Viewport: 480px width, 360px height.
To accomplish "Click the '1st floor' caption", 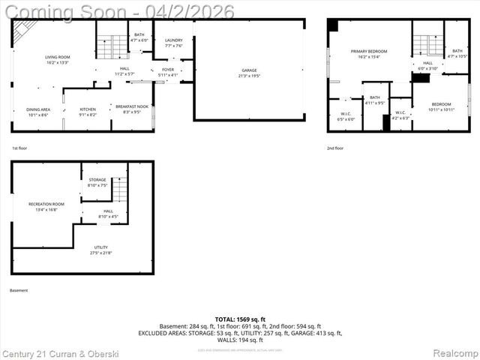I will [x=19, y=148].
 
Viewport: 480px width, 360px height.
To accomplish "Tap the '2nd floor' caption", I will [x=335, y=148].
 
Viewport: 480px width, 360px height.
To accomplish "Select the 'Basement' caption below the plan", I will [x=19, y=290].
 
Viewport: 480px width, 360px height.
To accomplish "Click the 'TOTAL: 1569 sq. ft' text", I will [x=240, y=319].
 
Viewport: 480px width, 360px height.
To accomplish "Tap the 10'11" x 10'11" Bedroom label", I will [x=440, y=106].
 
